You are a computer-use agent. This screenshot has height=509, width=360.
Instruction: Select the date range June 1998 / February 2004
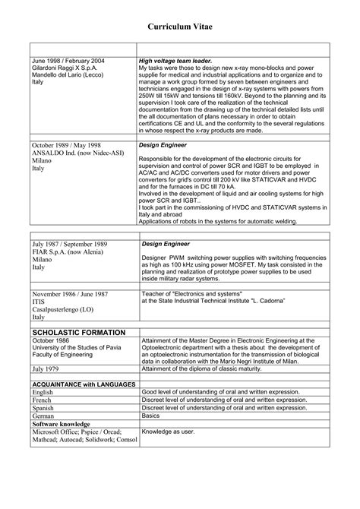click(x=68, y=60)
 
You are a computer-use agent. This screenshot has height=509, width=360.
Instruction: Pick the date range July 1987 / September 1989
click(x=69, y=245)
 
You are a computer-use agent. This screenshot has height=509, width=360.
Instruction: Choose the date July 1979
click(x=46, y=368)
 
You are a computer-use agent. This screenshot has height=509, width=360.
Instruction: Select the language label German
click(x=43, y=416)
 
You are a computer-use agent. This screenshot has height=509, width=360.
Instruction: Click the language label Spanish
click(x=44, y=408)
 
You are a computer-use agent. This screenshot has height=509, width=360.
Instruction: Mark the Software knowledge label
click(x=62, y=424)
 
